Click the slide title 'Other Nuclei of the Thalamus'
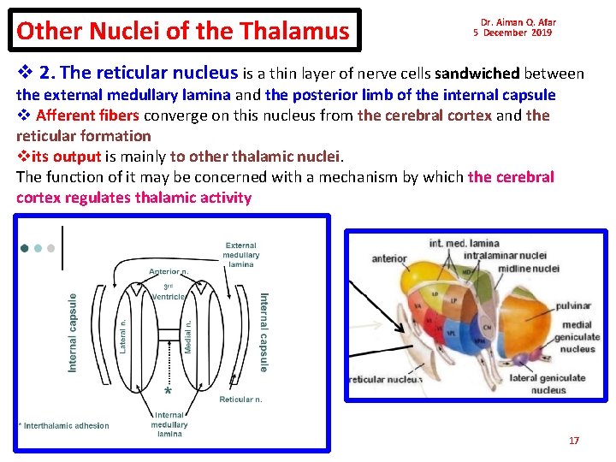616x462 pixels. [182, 32]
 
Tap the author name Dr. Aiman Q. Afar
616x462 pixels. [518, 22]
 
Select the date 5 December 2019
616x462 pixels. [513, 33]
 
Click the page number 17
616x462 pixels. [574, 441]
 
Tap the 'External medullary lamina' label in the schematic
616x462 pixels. [240, 255]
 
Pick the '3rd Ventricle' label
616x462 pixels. [169, 292]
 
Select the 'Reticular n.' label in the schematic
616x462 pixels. [240, 400]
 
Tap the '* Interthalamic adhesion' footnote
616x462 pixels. [64, 425]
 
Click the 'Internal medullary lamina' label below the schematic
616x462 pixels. [169, 425]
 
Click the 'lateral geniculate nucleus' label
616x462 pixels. [548, 383]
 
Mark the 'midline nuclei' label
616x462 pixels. [529, 268]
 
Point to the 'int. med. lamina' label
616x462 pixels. [464, 244]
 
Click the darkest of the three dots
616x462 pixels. [24, 248]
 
